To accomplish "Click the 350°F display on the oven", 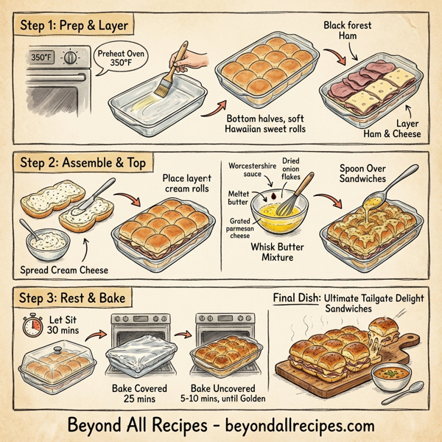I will pyautogui.click(x=41, y=56).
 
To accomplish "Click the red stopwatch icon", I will pyautogui.click(x=30, y=326).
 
